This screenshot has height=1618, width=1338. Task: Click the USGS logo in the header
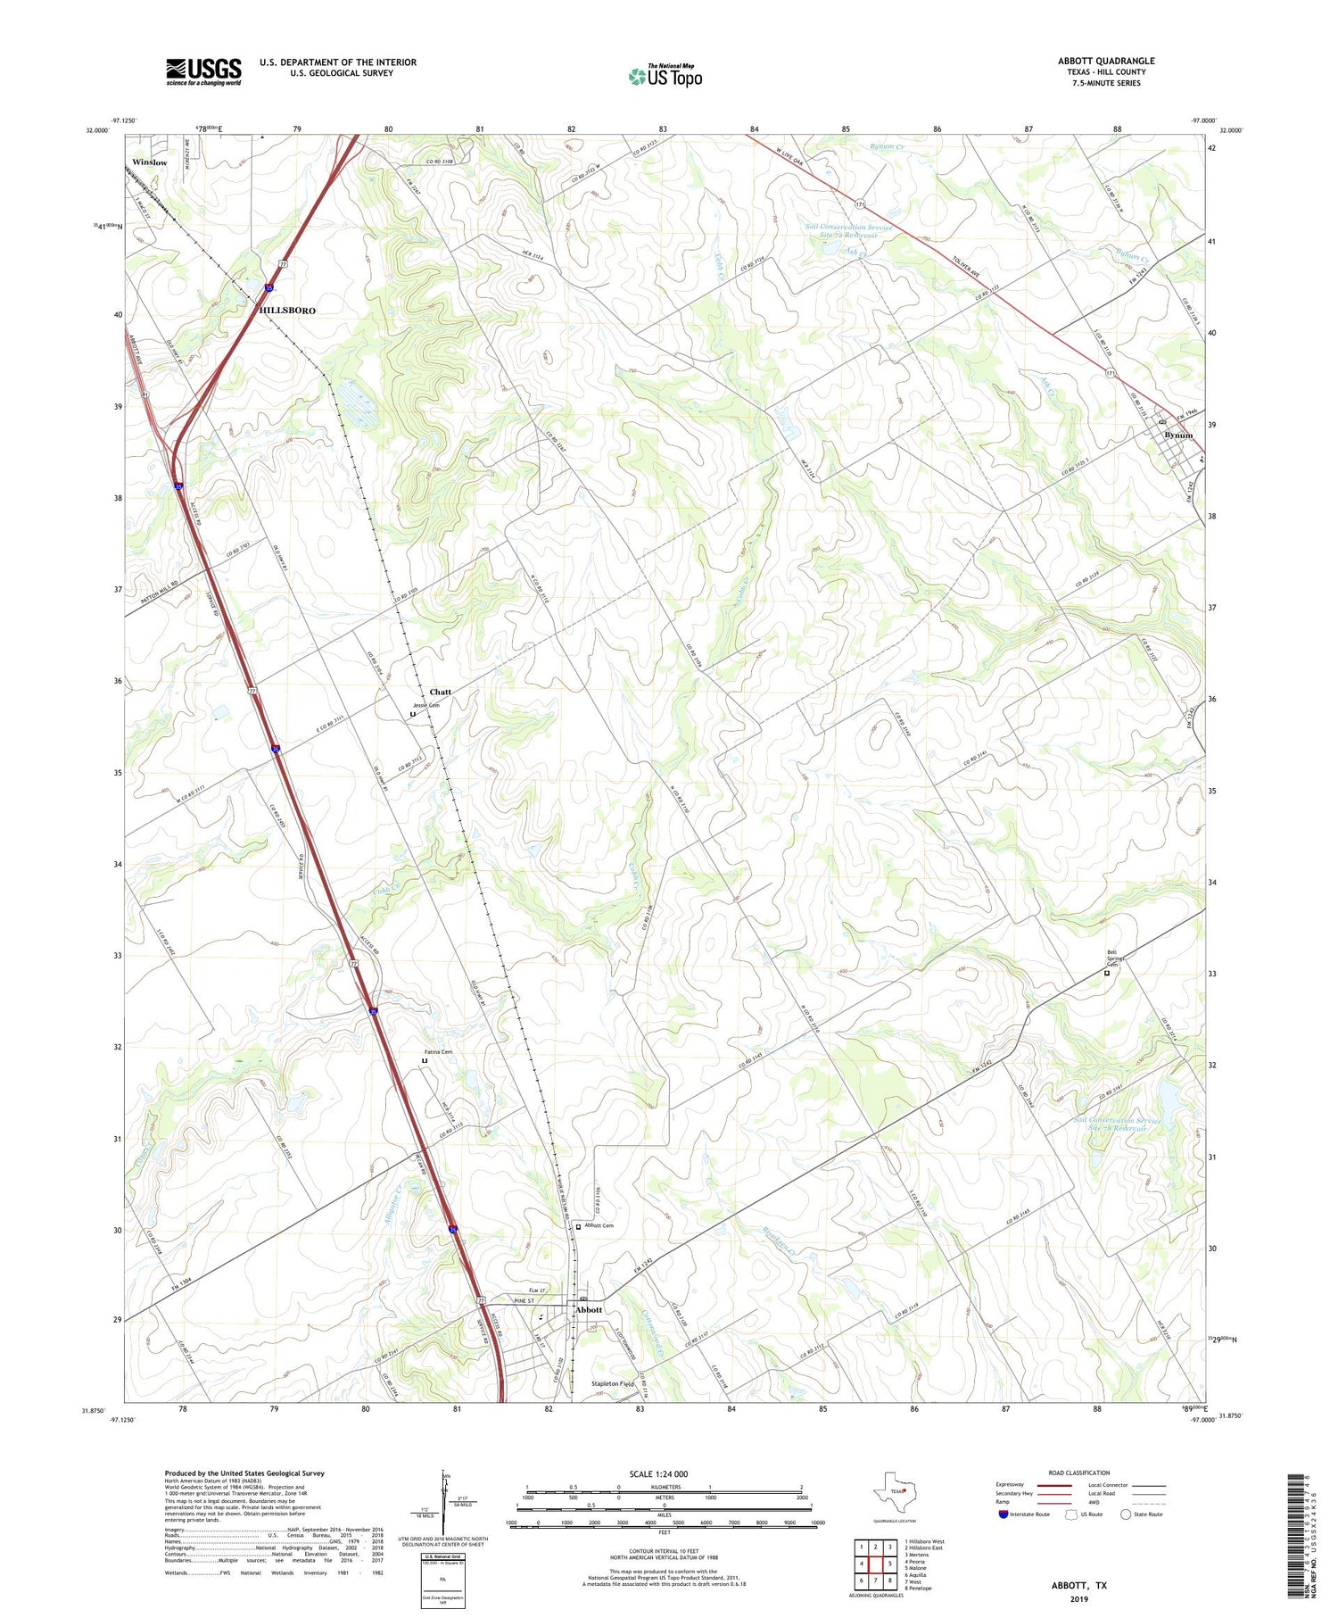click(203, 71)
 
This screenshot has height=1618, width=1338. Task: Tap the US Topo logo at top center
click(665, 77)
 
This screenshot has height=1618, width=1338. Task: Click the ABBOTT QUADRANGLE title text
click(1105, 61)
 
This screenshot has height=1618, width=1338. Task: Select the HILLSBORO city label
click(287, 311)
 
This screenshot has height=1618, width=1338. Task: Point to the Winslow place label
click(149, 162)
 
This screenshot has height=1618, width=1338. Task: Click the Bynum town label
click(1177, 436)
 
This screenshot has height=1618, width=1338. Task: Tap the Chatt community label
click(440, 692)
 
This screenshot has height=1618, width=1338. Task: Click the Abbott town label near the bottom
click(589, 1310)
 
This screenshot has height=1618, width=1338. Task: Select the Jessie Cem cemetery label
click(425, 706)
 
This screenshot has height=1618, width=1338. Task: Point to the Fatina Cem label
click(438, 1052)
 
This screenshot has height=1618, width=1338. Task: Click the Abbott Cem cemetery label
click(599, 1226)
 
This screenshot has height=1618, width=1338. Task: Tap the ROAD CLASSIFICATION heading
click(1079, 1473)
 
